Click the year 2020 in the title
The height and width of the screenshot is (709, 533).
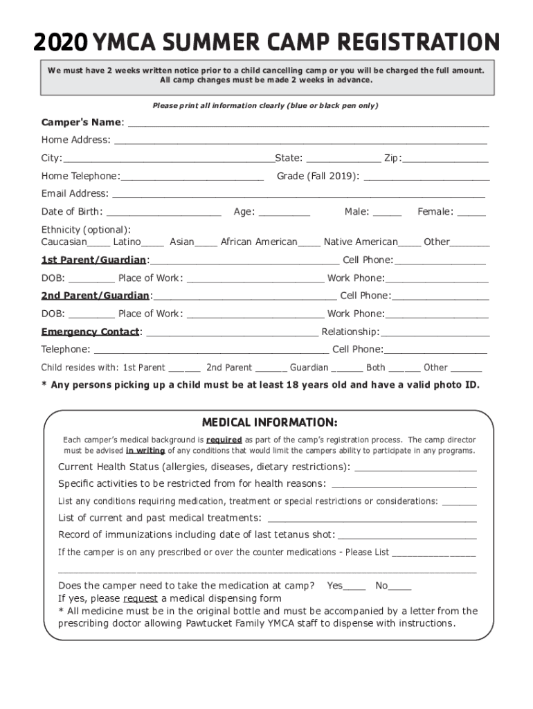tap(61, 44)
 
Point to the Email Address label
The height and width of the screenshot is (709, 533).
tap(75, 194)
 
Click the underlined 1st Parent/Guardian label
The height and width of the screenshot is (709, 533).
tap(93, 260)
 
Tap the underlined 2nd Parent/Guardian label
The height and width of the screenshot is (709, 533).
tap(95, 296)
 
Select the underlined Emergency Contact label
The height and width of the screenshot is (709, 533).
tap(90, 332)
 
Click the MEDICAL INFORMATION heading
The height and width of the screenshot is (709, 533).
tap(269, 422)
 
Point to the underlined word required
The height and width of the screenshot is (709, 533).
tap(223, 440)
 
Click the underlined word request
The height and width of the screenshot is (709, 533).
tap(141, 599)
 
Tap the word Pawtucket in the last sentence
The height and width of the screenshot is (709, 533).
tap(260, 623)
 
